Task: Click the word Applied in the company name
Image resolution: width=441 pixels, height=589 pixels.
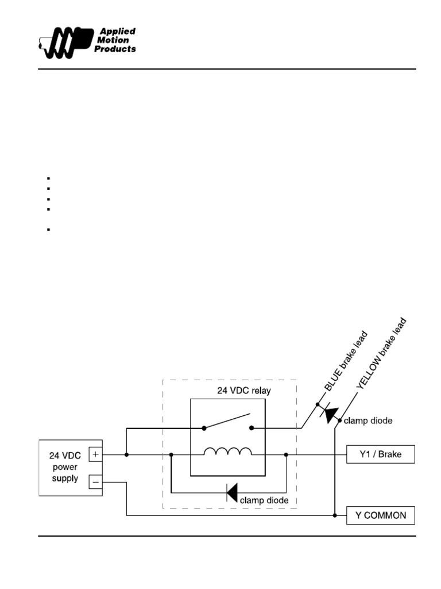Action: tap(118, 31)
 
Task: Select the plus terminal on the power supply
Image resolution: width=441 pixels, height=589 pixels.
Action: tap(95, 454)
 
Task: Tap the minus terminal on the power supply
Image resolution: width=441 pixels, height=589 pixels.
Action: tap(95, 480)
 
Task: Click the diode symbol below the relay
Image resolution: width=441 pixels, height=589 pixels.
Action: tap(231, 492)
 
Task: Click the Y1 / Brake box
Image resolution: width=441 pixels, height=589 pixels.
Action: tap(380, 455)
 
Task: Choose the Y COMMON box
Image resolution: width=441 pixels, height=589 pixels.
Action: tap(380, 515)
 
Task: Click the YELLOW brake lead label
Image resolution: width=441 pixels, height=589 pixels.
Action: tap(381, 354)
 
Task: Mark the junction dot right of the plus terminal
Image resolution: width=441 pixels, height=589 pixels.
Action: tap(126, 455)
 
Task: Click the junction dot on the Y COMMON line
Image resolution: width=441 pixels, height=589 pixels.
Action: tap(335, 515)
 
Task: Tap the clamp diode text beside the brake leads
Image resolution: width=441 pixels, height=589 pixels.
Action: tap(368, 421)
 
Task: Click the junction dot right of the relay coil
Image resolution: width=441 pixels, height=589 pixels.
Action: tap(286, 455)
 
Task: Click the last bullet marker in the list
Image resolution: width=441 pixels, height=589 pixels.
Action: tap(49, 230)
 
